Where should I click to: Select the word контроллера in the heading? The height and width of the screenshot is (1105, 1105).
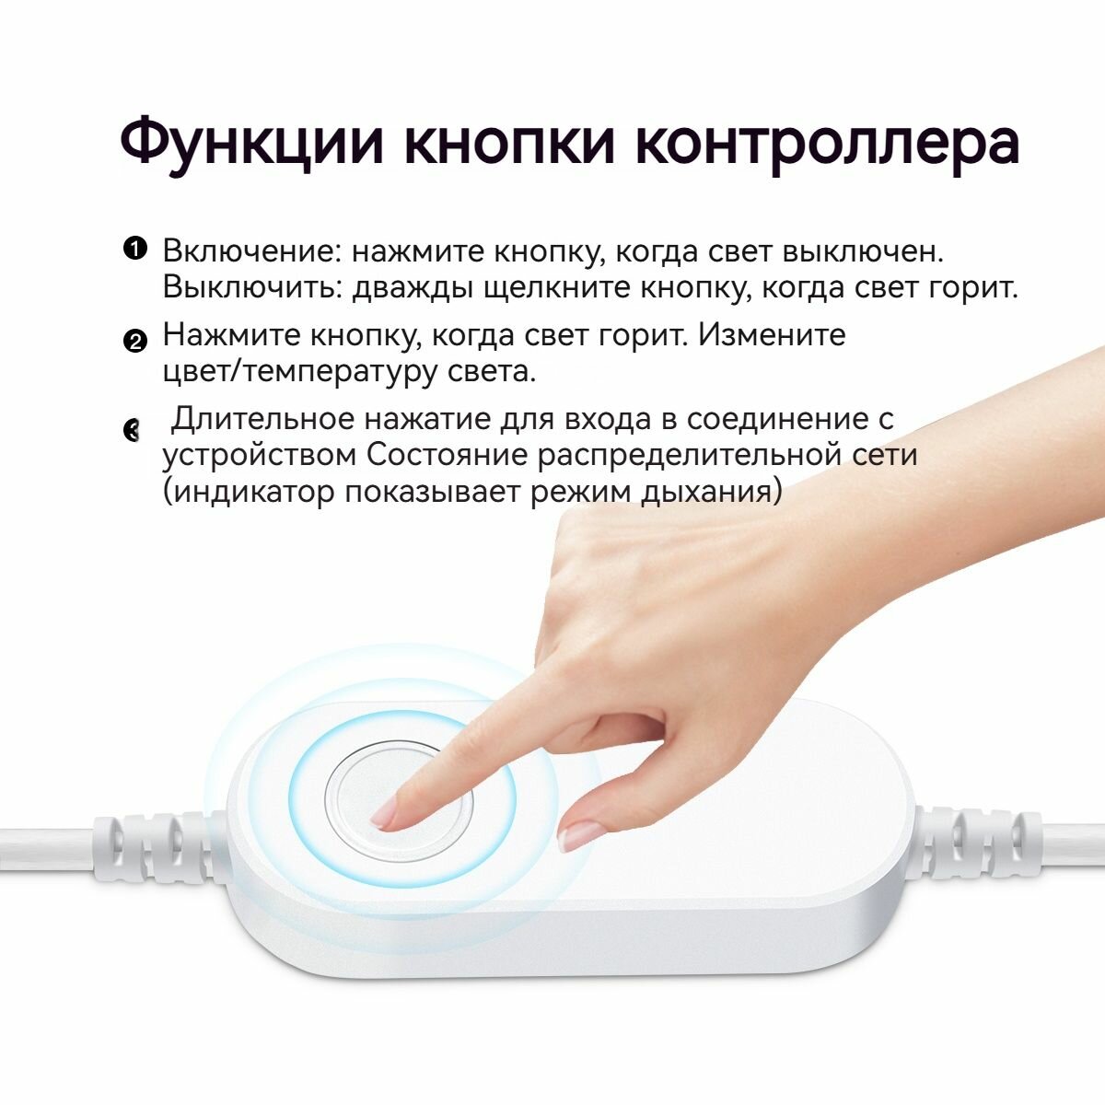pos(827,143)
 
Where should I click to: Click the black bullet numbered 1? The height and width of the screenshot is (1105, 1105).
pos(134,249)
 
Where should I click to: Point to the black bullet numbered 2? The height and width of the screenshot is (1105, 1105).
pos(134,342)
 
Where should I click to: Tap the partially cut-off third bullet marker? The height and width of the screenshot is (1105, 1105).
pos(130,429)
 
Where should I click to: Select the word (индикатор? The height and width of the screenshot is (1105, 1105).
pos(248,493)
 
